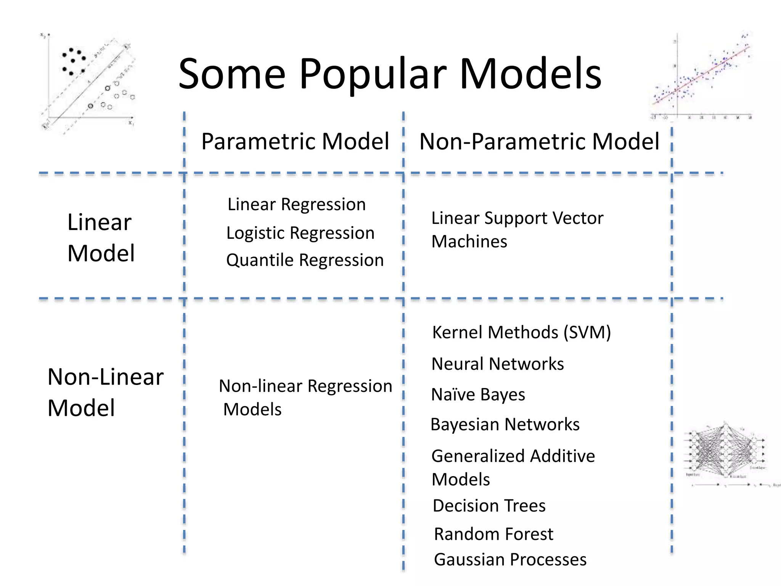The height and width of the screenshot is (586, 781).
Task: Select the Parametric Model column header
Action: click(295, 142)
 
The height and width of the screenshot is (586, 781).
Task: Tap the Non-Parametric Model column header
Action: click(539, 142)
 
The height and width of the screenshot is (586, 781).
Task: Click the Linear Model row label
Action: click(101, 238)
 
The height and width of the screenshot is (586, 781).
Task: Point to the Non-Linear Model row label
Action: click(105, 392)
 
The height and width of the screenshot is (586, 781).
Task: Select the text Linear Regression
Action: click(296, 204)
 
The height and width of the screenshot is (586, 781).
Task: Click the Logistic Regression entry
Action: click(300, 233)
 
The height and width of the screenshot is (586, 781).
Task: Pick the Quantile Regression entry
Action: click(305, 260)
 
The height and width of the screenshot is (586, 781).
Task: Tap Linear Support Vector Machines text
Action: click(517, 229)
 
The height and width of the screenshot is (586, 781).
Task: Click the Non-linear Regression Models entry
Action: click(305, 397)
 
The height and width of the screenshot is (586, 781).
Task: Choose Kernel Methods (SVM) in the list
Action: click(521, 332)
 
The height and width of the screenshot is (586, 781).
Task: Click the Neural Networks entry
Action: click(497, 364)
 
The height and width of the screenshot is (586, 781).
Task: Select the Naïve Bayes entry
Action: click(478, 394)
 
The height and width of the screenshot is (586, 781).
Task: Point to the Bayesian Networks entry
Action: click(505, 424)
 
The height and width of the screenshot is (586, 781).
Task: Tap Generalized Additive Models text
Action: click(513, 467)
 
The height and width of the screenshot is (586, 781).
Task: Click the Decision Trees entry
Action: click(489, 506)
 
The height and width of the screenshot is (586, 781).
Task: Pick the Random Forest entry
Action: click(493, 534)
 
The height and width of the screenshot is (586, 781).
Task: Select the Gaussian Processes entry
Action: click(510, 560)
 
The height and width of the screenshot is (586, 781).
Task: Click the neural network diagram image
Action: click(726, 452)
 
